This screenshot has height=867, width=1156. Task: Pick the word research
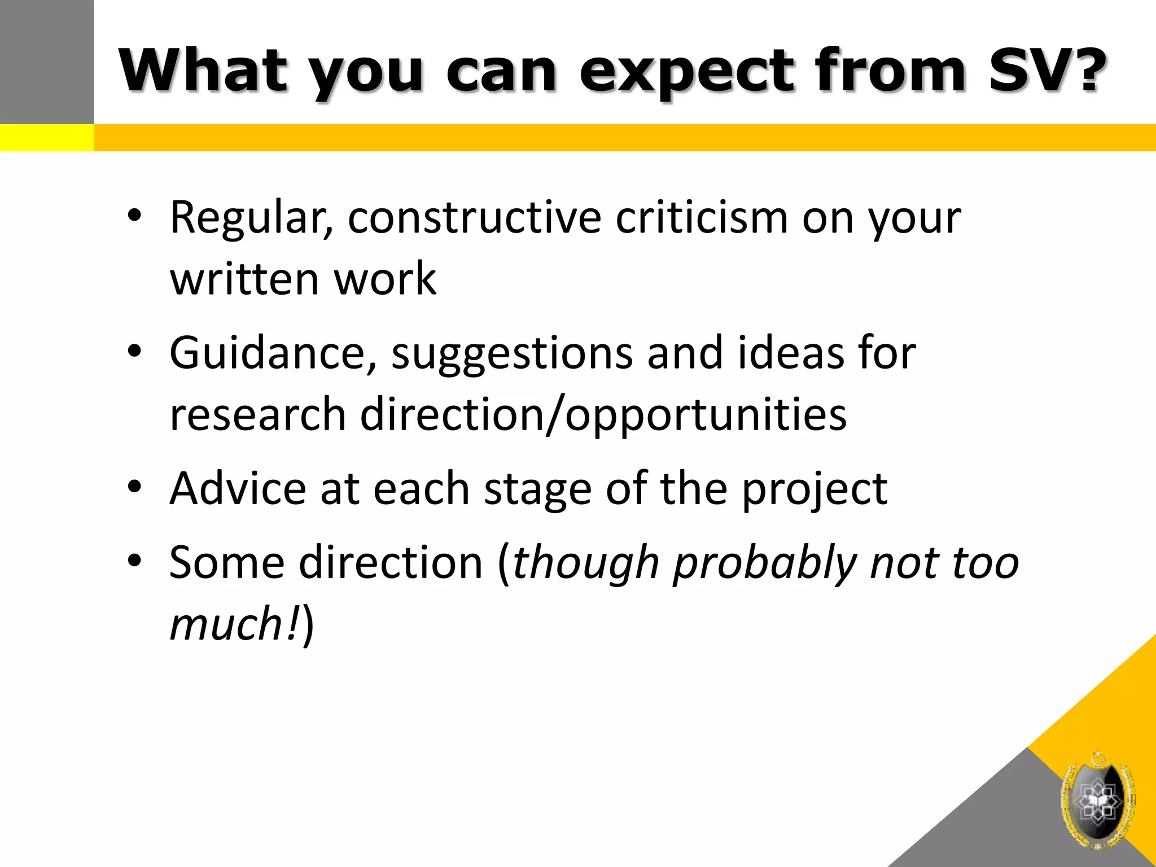coord(257,415)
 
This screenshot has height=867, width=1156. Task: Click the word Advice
coord(238,488)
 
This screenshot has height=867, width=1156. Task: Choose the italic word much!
coord(234,624)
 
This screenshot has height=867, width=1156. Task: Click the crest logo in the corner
coord(1097,799)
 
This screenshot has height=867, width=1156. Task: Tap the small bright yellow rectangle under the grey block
coord(46,138)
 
